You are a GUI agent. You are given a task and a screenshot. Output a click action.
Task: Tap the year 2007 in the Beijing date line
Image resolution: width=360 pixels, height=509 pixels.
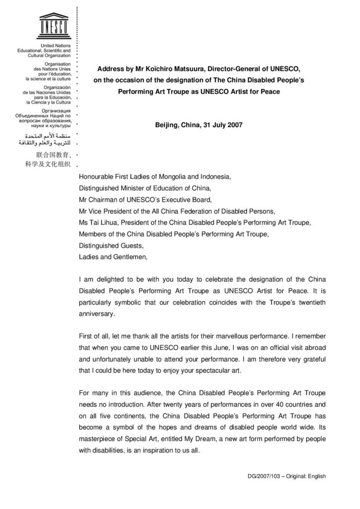pyautogui.click(x=234, y=125)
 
